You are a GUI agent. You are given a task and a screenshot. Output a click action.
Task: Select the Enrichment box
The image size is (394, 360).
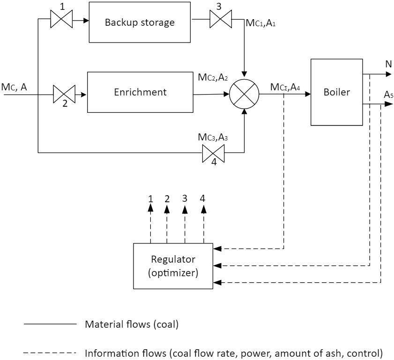(x=140, y=92)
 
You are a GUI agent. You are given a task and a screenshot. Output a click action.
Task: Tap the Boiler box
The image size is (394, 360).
(x=337, y=92)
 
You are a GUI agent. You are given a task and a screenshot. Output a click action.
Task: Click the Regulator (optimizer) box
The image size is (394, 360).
(x=173, y=265)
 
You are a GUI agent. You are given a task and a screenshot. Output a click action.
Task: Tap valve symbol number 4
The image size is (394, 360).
(x=214, y=152)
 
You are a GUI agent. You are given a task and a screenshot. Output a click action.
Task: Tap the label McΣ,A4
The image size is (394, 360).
(x=285, y=87)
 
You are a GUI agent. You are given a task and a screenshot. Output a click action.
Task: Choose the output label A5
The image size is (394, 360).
(x=388, y=95)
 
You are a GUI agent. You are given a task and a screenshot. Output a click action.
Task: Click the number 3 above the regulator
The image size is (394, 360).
(x=185, y=198)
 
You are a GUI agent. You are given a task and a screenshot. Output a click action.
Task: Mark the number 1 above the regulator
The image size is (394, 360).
(x=151, y=198)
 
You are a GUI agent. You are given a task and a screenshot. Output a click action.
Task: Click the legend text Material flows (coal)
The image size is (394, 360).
(x=131, y=324)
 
